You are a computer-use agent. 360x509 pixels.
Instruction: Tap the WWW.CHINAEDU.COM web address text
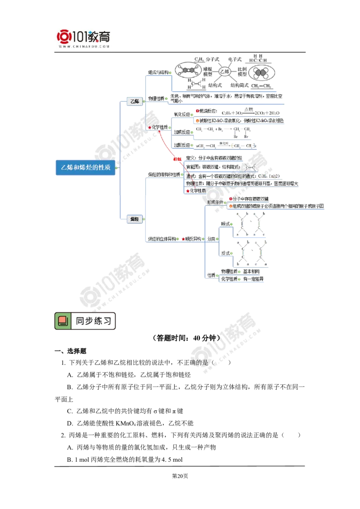(x=84, y=47)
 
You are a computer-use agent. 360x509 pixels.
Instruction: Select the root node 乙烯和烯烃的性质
(x=85, y=167)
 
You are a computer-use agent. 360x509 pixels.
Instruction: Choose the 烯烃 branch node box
(x=134, y=219)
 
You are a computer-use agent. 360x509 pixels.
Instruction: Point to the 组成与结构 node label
(x=158, y=72)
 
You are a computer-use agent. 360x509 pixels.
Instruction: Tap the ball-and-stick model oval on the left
(x=189, y=71)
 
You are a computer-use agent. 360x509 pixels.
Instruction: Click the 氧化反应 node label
(x=182, y=115)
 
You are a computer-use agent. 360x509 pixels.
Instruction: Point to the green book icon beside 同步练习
(x=63, y=321)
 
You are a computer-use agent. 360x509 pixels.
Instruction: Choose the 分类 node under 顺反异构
(x=211, y=238)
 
